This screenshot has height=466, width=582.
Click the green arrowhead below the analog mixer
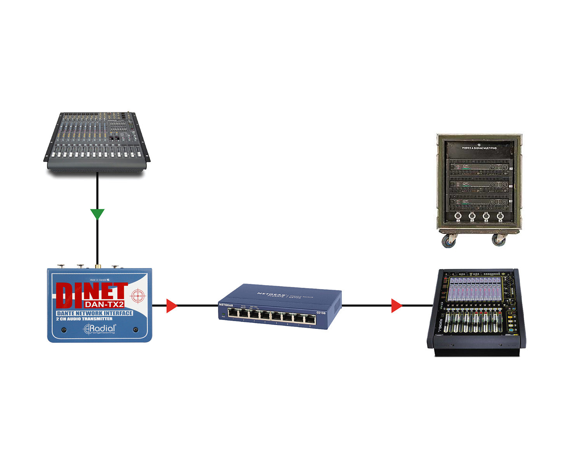[x=97, y=214]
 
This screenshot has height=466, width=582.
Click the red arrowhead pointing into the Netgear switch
[x=171, y=306]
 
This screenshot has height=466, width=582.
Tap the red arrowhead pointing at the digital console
[x=396, y=306]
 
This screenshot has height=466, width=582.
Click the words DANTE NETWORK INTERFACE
[x=95, y=313]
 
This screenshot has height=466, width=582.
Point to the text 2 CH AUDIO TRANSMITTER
[x=84, y=319]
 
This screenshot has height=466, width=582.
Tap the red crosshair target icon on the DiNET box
[x=137, y=296]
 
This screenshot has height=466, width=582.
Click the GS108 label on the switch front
[x=320, y=313]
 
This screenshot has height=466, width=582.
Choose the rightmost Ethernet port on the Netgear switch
[x=310, y=319]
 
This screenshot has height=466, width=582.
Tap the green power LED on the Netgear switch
[x=223, y=314]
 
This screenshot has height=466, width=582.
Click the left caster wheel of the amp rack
[x=449, y=241]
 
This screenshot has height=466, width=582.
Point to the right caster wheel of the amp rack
[x=499, y=239]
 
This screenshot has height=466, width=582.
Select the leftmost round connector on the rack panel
[x=458, y=217]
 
